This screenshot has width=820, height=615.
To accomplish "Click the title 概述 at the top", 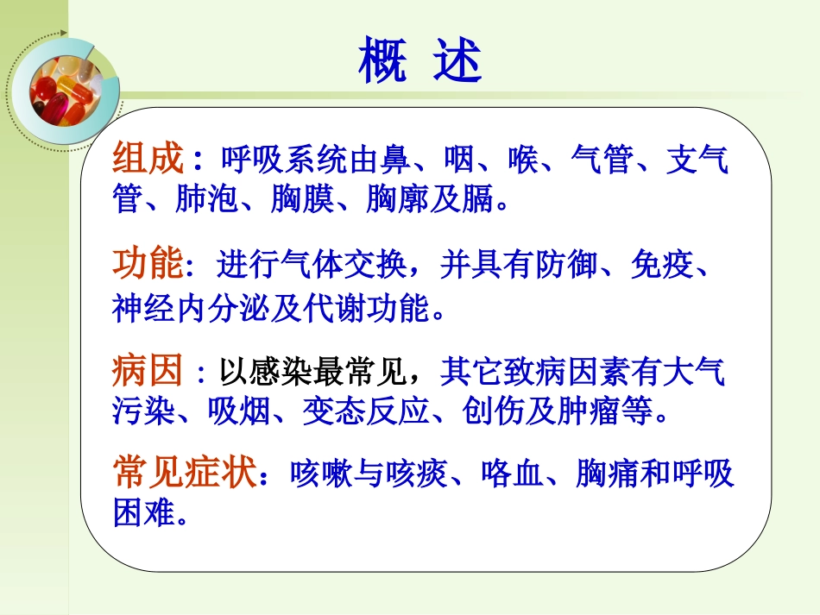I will point(419,60).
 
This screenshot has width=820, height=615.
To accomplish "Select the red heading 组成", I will point(148,160).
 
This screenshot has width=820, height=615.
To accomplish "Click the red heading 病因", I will point(147,372).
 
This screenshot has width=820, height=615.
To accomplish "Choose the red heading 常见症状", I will point(185,474).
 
